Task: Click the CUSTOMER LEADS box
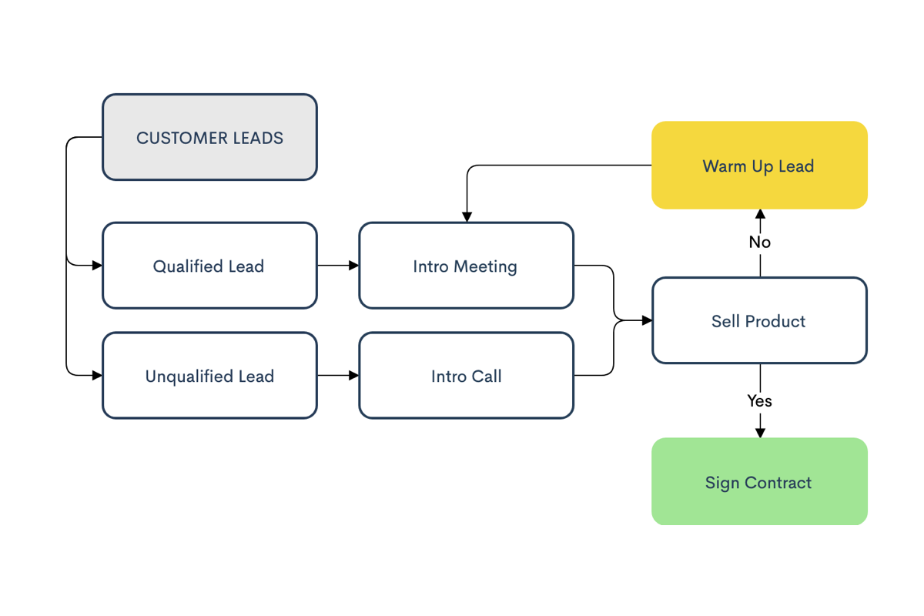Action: point(209,137)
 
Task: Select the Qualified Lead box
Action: point(209,266)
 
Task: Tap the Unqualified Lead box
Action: point(209,376)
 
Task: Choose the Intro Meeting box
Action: point(466,266)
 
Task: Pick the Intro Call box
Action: point(466,376)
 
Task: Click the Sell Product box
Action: point(759,320)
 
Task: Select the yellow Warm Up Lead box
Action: point(759,166)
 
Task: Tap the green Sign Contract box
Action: point(759,482)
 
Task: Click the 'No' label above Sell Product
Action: point(760,242)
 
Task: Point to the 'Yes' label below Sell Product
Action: point(760,400)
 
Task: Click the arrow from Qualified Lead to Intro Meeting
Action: point(338,266)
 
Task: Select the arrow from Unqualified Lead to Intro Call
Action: point(338,376)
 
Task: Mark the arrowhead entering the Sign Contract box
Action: point(760,433)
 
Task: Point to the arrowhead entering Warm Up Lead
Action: point(760,214)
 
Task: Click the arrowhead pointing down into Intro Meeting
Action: point(467,217)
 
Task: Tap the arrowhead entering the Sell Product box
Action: point(647,320)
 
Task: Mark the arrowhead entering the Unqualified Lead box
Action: point(97,376)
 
